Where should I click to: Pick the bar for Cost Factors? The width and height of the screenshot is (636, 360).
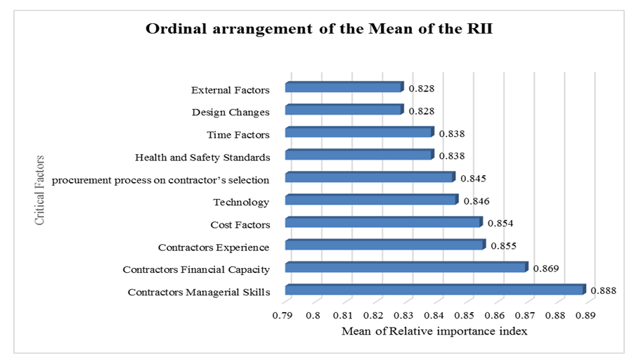pos(384,223)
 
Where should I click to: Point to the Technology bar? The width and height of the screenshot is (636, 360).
pos(371,200)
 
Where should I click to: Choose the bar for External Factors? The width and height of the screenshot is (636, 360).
pos(344,88)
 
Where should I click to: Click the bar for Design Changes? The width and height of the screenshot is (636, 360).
pos(344,110)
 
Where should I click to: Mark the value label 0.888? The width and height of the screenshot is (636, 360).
pos(604,290)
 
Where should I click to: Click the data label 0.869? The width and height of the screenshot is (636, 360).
pos(546,268)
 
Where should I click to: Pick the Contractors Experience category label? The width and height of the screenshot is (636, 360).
pos(213,247)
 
